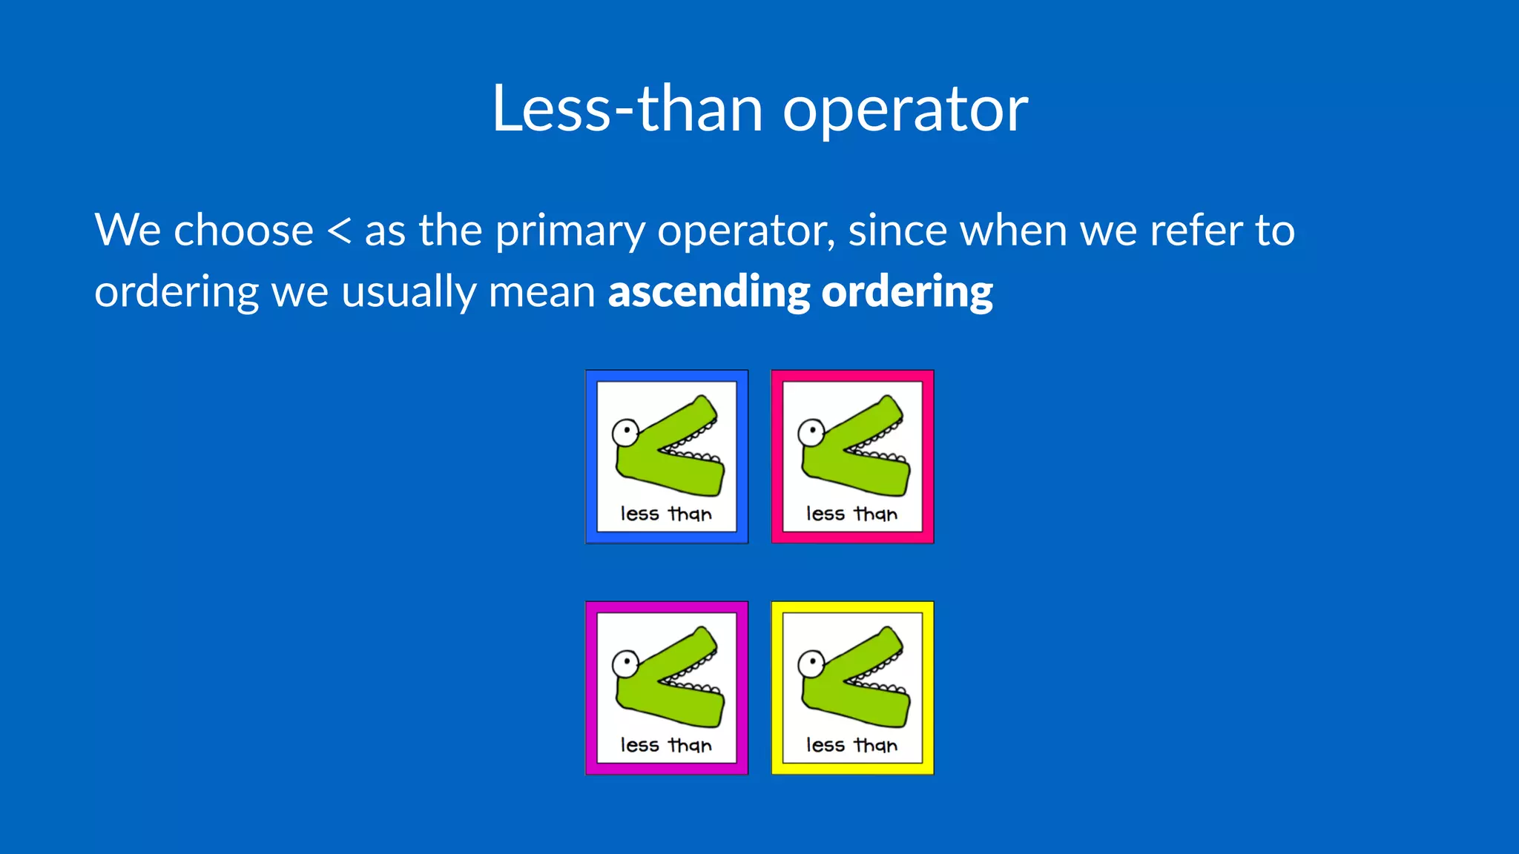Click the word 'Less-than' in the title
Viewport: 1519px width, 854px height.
click(x=627, y=109)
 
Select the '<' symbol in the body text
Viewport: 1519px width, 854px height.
click(x=339, y=231)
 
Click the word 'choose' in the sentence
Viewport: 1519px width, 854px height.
click(x=243, y=231)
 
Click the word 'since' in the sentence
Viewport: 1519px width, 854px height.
click(x=897, y=231)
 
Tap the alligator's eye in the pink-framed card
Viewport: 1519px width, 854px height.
click(x=812, y=431)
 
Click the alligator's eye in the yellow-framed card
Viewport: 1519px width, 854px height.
click(x=812, y=663)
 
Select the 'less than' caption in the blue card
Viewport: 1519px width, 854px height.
click(x=666, y=514)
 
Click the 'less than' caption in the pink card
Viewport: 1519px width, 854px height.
click(x=851, y=514)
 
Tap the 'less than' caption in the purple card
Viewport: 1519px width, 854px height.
click(x=666, y=745)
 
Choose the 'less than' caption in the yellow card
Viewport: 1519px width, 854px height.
click(x=851, y=745)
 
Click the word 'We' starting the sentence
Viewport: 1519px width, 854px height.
click(x=127, y=231)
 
